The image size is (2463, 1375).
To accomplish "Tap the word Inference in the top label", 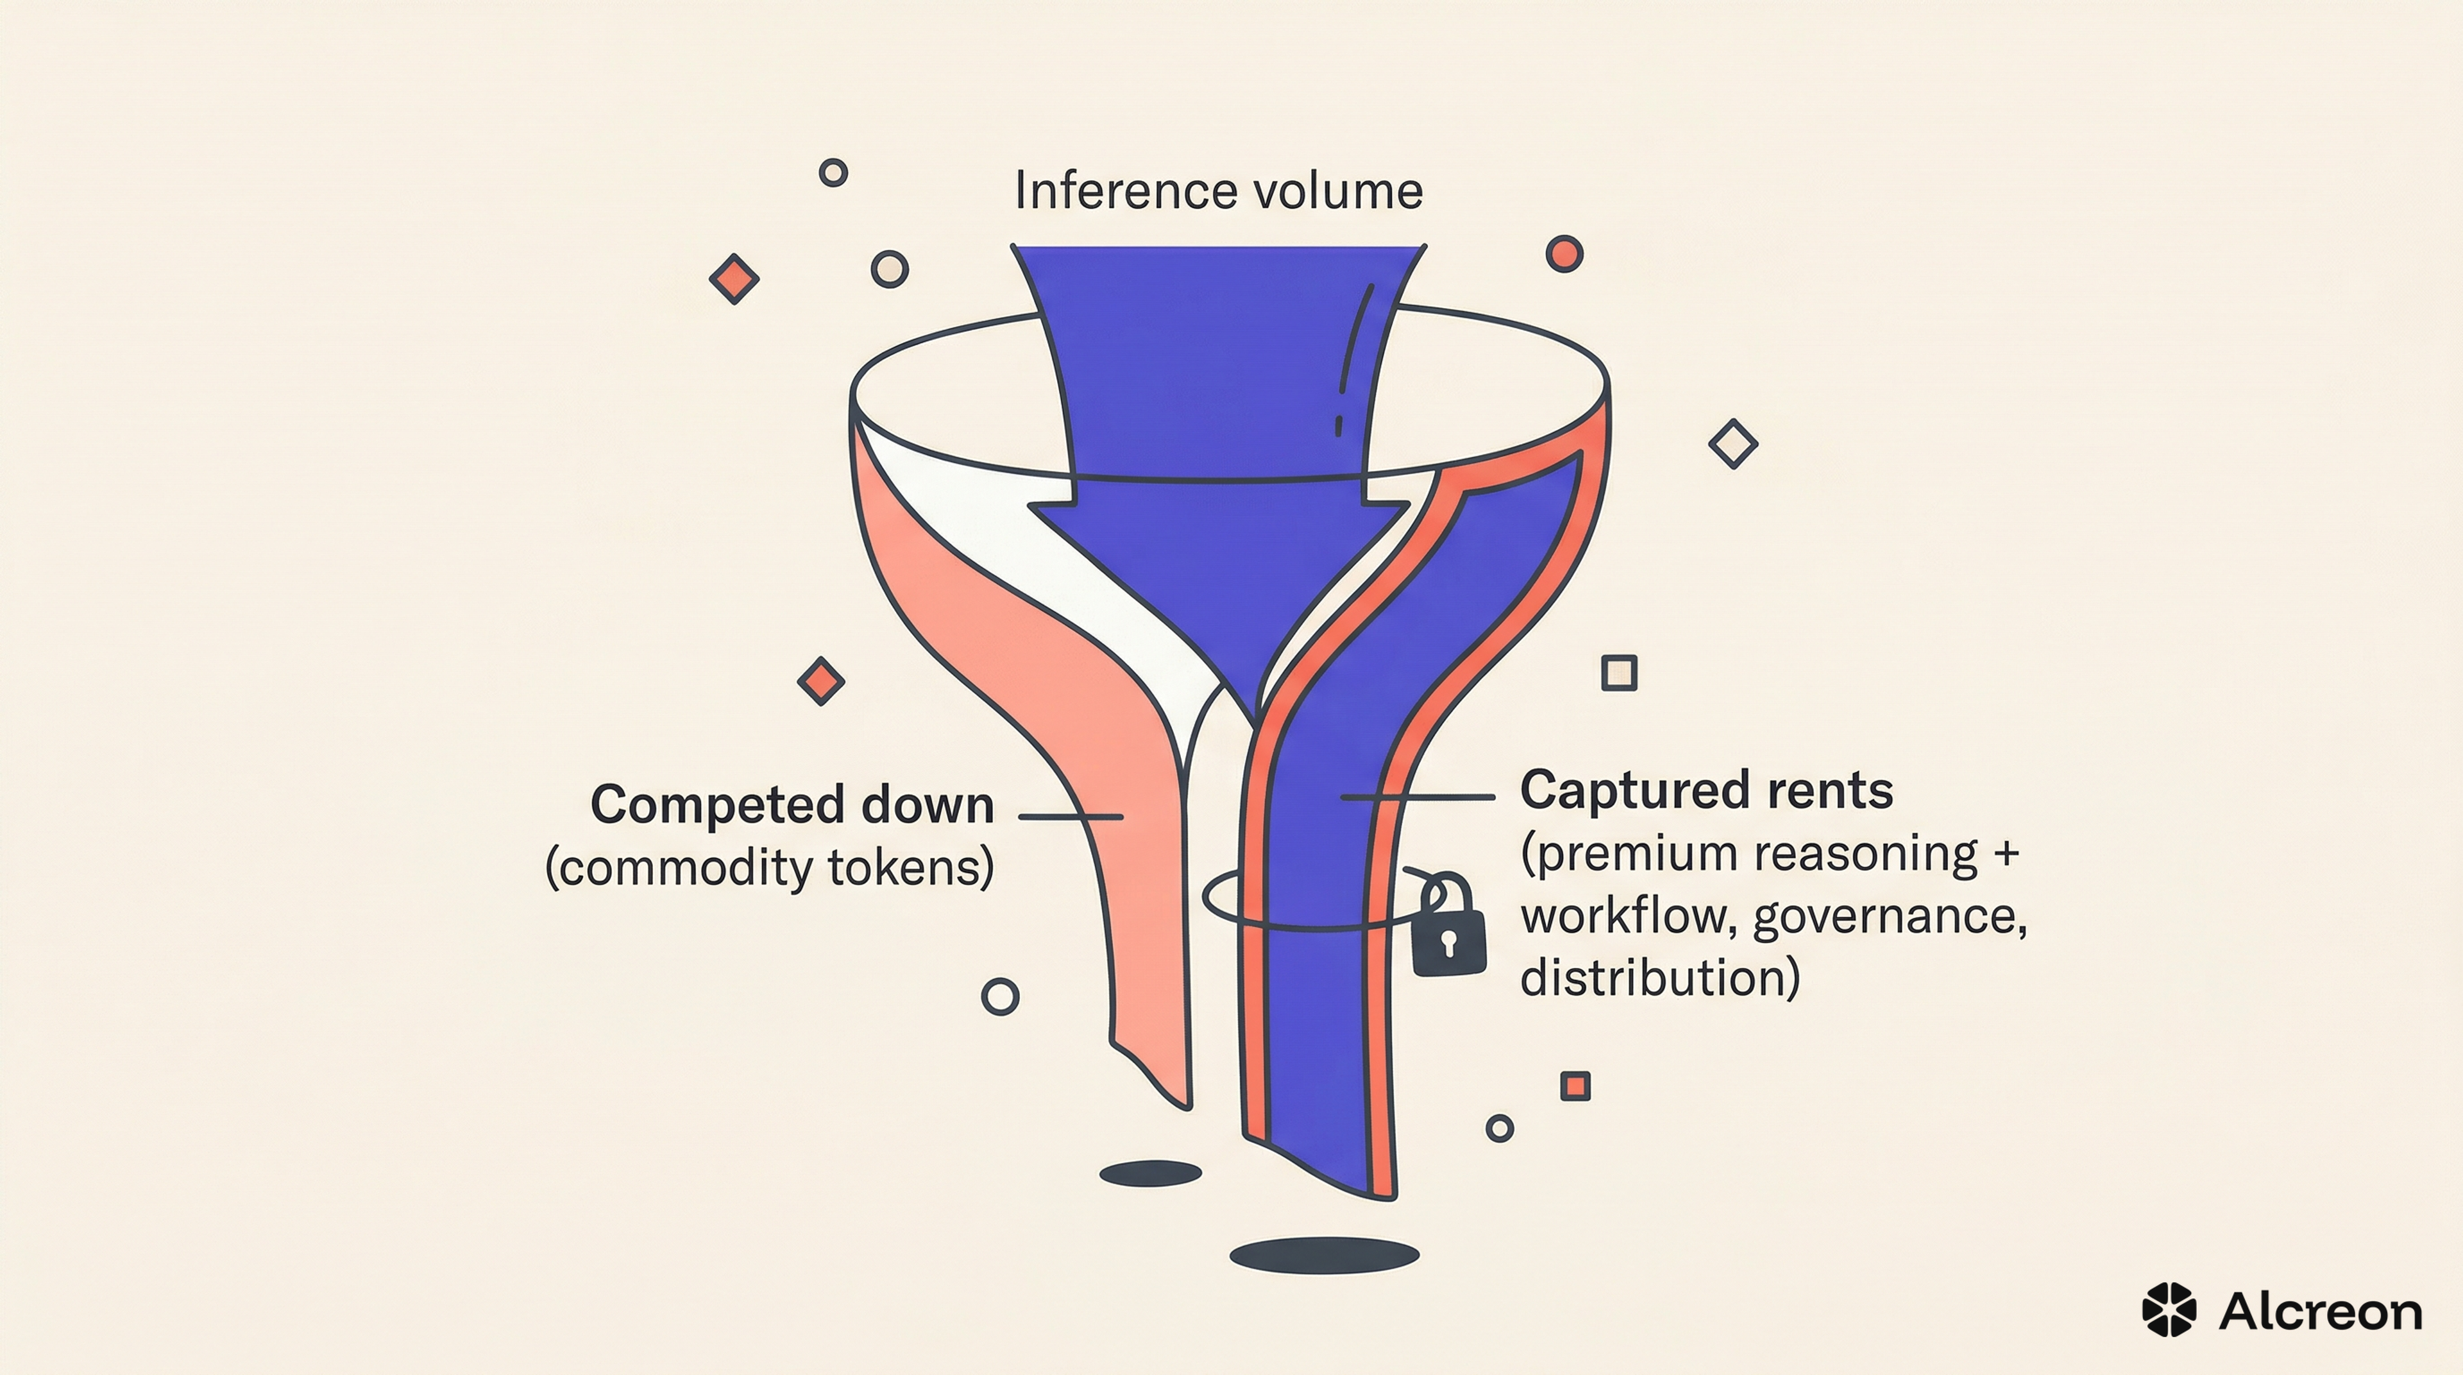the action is click(x=1126, y=191).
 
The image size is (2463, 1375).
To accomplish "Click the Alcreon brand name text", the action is click(x=2321, y=1311).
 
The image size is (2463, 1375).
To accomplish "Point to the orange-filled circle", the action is click(x=1564, y=254).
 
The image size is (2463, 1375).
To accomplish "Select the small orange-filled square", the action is click(x=1575, y=1086).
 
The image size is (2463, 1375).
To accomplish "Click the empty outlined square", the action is click(x=1619, y=673).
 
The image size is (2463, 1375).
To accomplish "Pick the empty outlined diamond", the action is click(x=1732, y=443).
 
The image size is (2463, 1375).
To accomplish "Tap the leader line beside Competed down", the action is click(x=1071, y=817).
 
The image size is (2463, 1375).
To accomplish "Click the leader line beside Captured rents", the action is click(x=1418, y=796).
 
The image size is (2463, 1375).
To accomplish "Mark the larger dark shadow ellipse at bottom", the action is click(x=1325, y=1256).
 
